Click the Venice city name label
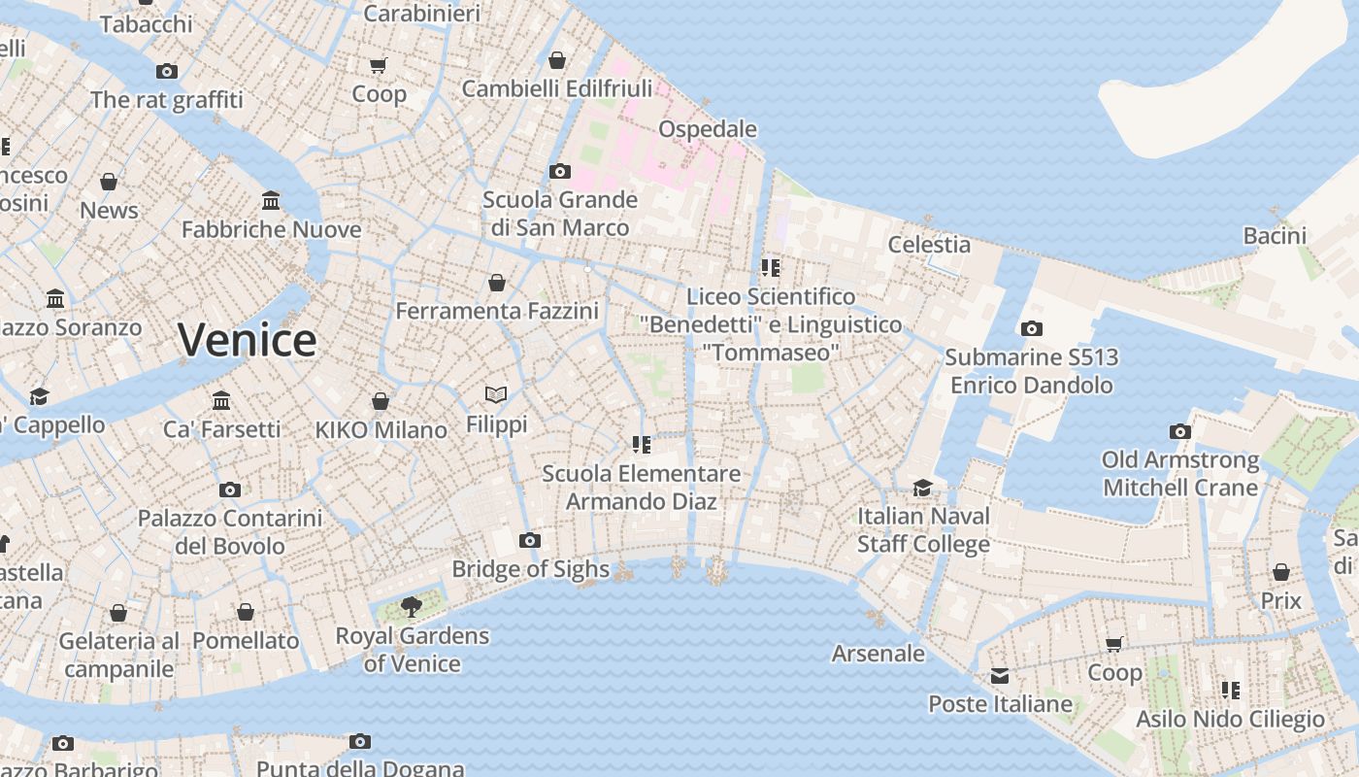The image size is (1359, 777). (247, 340)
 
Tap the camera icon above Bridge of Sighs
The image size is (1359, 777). (529, 540)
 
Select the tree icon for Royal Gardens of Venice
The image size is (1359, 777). (412, 607)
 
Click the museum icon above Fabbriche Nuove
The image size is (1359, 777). (271, 200)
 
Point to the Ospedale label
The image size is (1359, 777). (707, 129)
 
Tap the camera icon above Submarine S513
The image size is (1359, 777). (1031, 328)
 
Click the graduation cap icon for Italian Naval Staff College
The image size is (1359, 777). (922, 487)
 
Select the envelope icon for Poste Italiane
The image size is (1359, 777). (1000, 675)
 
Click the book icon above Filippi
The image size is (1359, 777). (496, 394)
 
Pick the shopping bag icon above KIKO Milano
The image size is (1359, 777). (381, 400)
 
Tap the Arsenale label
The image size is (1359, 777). (878, 654)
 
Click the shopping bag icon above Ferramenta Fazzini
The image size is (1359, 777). (497, 282)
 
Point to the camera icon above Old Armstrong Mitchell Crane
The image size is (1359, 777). (1179, 430)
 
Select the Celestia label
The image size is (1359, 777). (929, 245)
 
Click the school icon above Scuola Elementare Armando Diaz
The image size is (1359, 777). (641, 444)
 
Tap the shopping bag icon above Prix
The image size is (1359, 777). (1280, 571)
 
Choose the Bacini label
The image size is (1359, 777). (1275, 236)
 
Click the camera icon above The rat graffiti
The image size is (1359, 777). (167, 71)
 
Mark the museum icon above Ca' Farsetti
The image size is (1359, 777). (221, 400)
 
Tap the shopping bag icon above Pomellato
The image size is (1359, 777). (246, 612)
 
